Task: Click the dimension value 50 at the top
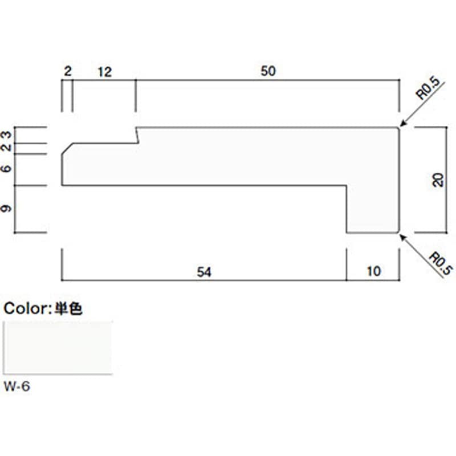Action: [268, 71]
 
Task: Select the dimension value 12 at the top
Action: [105, 72]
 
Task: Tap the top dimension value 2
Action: [68, 71]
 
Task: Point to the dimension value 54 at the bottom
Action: [204, 272]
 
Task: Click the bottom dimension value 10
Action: [374, 271]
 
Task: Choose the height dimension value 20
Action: [438, 180]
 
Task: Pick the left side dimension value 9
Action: [6, 208]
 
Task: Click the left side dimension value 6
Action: [6, 168]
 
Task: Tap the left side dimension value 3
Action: [6, 135]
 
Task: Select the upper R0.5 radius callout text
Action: [428, 89]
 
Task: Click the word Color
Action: [24, 308]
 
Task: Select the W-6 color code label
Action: [17, 386]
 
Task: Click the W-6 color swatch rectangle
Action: [58, 348]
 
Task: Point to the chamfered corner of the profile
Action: [67, 149]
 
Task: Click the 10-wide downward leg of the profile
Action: [373, 209]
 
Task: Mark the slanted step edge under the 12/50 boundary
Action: [137, 135]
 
